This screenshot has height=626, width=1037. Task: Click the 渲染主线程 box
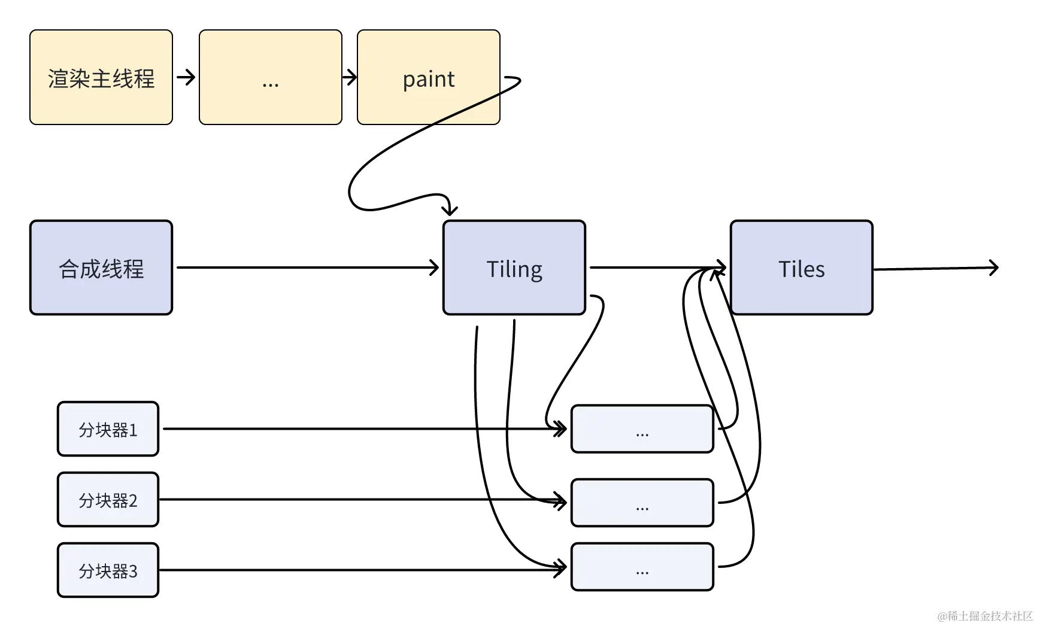[x=101, y=78]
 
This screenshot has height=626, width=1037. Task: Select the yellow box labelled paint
[x=428, y=78]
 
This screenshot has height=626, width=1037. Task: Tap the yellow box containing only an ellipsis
[x=270, y=78]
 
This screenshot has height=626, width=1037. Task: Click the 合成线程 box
[x=101, y=268]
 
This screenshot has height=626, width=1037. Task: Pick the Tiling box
[x=514, y=268]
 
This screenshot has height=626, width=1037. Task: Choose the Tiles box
[x=801, y=268]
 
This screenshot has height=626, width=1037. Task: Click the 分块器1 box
[x=108, y=429]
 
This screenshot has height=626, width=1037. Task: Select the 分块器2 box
[x=108, y=500]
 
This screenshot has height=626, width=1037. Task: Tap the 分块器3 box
[x=108, y=570]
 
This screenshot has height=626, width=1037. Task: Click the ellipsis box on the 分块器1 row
[x=642, y=429]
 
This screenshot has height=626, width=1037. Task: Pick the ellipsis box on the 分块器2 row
[x=642, y=503]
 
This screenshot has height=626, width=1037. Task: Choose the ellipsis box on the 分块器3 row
[x=642, y=567]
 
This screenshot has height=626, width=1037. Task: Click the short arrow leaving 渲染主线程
[x=186, y=77]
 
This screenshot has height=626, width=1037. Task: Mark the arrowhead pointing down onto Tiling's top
[x=450, y=210]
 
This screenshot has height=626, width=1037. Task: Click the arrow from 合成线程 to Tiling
[x=305, y=268]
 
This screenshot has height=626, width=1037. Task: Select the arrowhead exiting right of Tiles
[x=994, y=268]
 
